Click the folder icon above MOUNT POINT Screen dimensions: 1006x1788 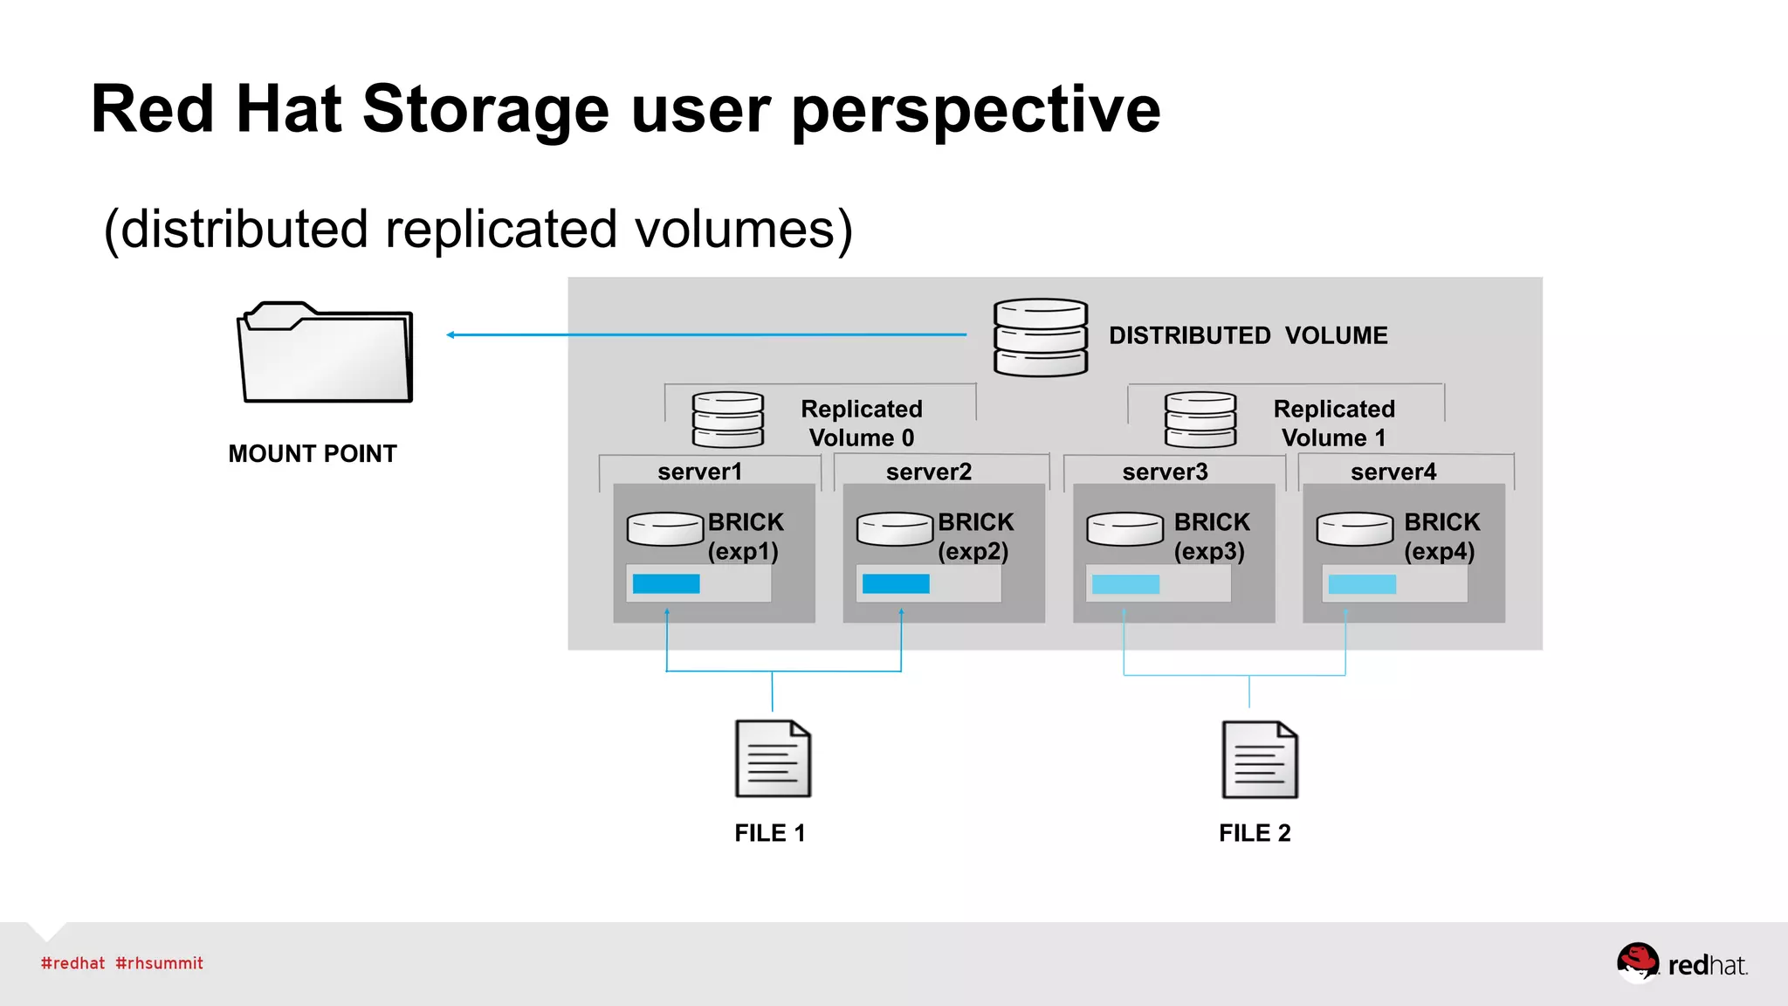(325, 353)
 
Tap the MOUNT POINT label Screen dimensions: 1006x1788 (313, 454)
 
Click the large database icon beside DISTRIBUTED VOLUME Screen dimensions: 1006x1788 (1041, 337)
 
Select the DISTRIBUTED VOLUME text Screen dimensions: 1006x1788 (1248, 336)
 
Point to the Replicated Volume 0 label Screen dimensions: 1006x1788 (861, 424)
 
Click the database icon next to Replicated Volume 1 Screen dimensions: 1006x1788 (1200, 420)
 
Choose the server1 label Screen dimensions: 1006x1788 (699, 472)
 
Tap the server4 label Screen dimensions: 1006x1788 (1393, 472)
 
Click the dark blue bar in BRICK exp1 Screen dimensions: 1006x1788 (666, 584)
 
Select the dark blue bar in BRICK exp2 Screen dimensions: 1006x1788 (896, 584)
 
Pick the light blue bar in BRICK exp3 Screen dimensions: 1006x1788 (1125, 584)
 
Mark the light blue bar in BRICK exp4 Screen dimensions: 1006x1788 (1362, 584)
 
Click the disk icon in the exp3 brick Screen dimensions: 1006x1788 (1124, 529)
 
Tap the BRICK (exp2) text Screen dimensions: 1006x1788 (975, 536)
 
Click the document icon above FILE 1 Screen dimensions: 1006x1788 (773, 759)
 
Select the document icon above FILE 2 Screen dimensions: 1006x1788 (1259, 760)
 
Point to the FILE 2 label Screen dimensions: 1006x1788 (1255, 833)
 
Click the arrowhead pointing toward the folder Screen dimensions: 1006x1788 (450, 334)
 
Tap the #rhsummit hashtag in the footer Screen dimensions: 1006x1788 (159, 963)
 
